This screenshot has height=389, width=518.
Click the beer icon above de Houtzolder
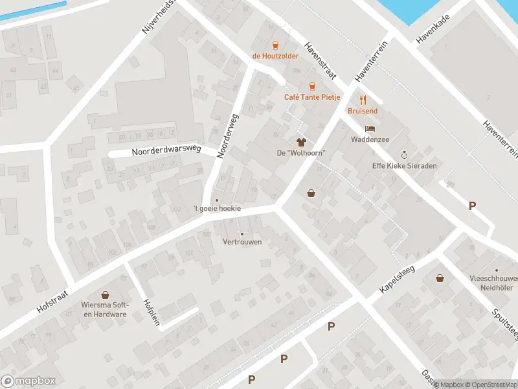pyautogui.click(x=275, y=45)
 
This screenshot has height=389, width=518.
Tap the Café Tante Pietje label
pyautogui.click(x=312, y=97)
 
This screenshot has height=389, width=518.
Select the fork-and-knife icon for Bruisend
pyautogui.click(x=362, y=100)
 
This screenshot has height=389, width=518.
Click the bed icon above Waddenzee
pyautogui.click(x=370, y=128)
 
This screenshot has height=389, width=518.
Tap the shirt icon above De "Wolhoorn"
pyautogui.click(x=300, y=141)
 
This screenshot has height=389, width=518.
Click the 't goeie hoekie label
pyautogui.click(x=217, y=208)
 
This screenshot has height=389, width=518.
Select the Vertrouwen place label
pyautogui.click(x=242, y=242)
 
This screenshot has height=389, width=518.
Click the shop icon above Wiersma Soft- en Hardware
pyautogui.click(x=104, y=295)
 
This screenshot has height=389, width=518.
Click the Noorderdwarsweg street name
pyautogui.click(x=167, y=151)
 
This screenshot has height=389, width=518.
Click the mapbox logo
pyautogui.click(x=28, y=381)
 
